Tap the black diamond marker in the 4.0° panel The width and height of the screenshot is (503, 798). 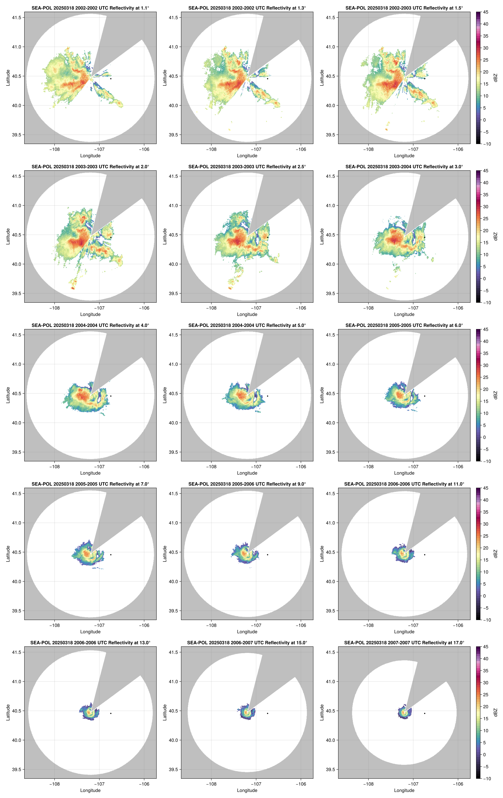click(111, 396)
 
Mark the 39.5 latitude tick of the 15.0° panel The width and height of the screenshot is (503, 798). click(173, 769)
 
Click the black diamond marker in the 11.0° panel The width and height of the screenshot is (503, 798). click(424, 555)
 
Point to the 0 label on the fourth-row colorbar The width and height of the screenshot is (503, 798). click(484, 596)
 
